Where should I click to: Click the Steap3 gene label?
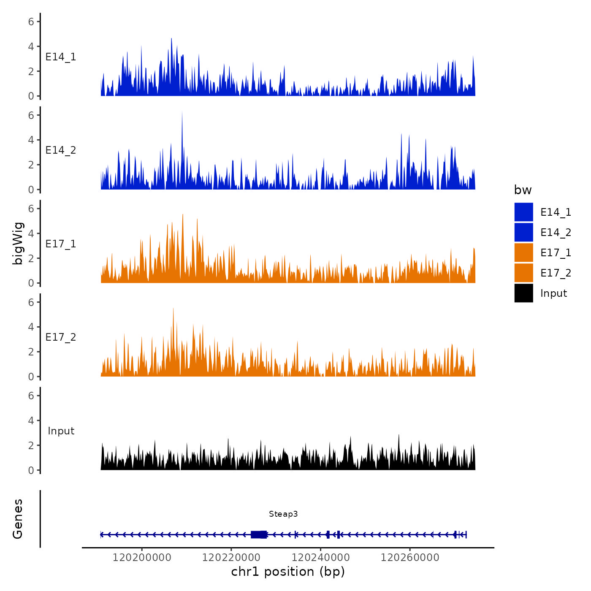[x=283, y=514]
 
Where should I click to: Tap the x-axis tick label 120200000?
[x=142, y=558]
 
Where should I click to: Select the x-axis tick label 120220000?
[x=231, y=558]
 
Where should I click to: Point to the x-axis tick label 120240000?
[x=321, y=558]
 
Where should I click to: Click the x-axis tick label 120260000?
[x=410, y=558]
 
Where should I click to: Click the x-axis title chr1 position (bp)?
[x=288, y=572]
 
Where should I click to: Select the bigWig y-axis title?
[x=18, y=244]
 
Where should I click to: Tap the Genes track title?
[x=18, y=519]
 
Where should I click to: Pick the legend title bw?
[x=523, y=190]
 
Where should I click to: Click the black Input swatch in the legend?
[x=523, y=293]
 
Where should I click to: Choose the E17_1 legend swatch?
[x=523, y=252]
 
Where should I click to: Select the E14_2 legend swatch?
[x=523, y=232]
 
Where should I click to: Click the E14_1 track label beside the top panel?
[x=61, y=57]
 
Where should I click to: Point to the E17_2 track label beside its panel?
[x=61, y=337]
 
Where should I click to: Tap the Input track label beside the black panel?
[x=61, y=431]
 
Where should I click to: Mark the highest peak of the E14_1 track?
[x=171, y=39]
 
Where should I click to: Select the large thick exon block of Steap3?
[x=259, y=534]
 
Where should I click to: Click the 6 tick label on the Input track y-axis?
[x=31, y=396]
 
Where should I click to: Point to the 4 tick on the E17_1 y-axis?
[x=31, y=233]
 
